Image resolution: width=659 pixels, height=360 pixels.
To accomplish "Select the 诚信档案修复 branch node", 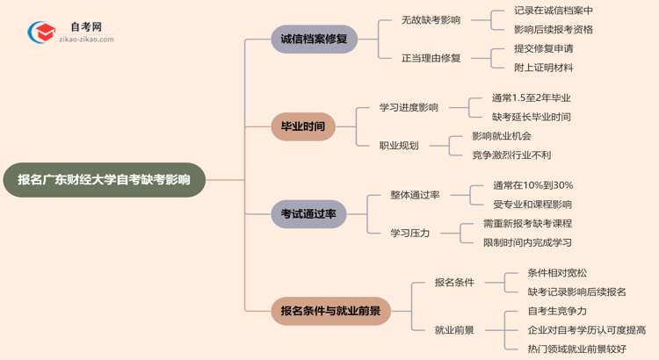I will [314, 39].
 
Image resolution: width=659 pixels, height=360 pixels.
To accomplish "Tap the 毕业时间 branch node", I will [302, 126].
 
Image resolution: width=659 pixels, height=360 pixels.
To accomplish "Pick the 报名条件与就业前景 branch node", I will [331, 310].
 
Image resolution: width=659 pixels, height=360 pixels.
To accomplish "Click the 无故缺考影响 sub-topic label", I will [431, 20].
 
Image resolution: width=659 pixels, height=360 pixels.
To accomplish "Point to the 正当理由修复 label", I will [431, 58].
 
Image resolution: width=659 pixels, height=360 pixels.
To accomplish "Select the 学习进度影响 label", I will [409, 107].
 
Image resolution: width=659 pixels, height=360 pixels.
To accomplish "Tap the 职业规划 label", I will [399, 145].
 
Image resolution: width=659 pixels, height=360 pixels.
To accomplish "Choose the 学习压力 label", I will [410, 233].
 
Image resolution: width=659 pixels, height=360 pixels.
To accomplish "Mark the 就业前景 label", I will [454, 330].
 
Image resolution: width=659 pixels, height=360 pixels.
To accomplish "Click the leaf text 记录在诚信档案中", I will [554, 11].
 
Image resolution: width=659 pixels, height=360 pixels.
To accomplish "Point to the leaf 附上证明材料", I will [544, 68].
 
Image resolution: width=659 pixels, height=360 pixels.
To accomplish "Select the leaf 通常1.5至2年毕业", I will [532, 97].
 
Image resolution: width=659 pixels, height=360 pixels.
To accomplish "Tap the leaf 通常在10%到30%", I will [532, 185].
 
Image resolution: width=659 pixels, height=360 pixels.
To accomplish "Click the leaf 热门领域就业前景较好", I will [577, 349].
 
